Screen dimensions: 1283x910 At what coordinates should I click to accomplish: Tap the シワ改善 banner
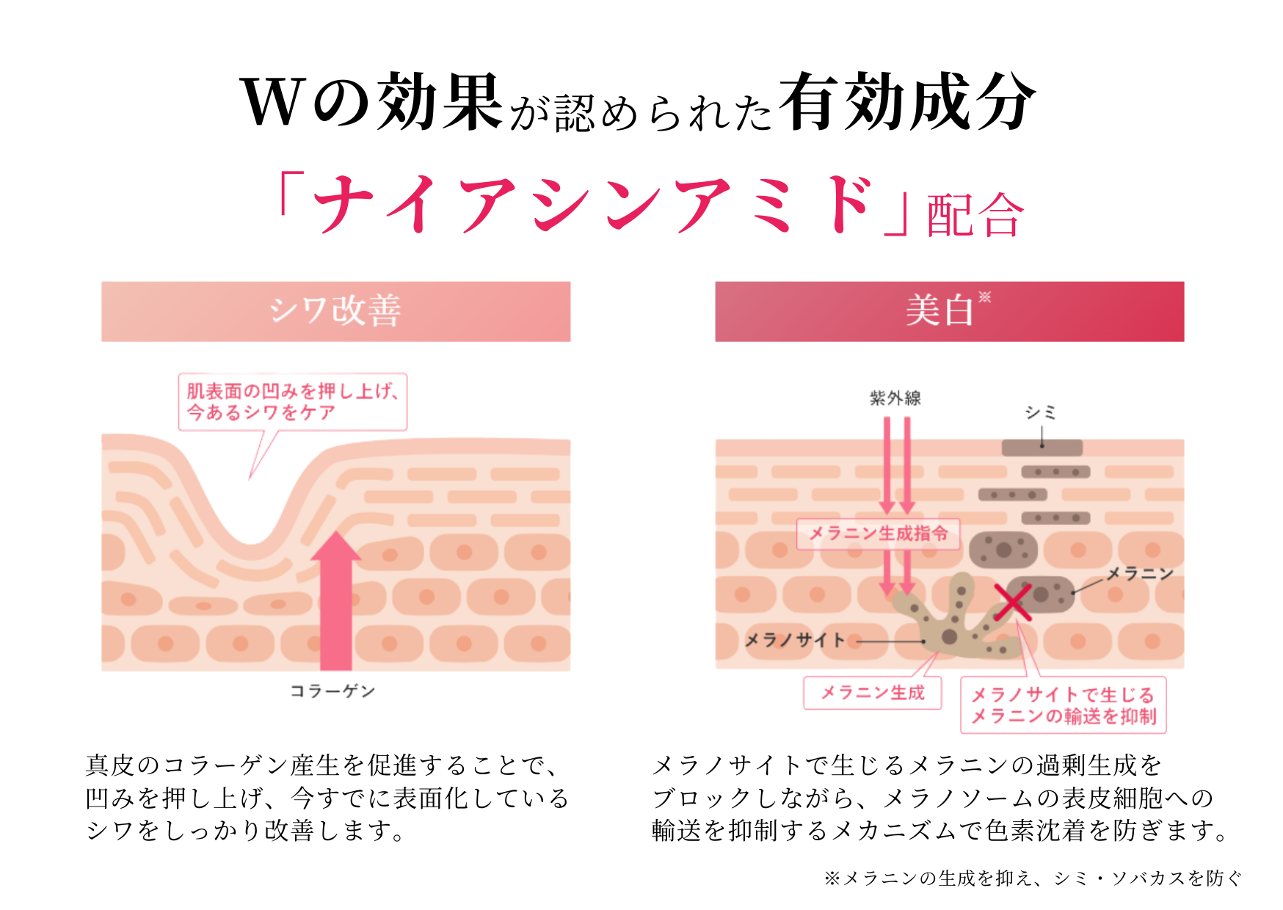335,311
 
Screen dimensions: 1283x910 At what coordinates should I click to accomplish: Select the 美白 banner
949,311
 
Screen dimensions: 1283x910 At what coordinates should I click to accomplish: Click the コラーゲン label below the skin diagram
332,691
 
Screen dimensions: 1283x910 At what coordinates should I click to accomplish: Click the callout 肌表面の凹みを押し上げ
292,401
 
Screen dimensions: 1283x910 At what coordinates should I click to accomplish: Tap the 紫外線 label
895,398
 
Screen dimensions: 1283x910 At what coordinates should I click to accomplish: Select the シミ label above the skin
1041,412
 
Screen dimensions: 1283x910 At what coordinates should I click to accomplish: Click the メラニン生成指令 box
878,534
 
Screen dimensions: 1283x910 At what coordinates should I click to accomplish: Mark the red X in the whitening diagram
1013,602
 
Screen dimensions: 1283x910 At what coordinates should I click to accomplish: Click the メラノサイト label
796,640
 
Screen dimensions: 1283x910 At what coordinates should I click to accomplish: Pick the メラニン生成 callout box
873,693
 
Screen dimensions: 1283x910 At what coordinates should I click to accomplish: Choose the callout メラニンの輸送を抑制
1064,705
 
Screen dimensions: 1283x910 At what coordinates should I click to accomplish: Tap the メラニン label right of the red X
1140,574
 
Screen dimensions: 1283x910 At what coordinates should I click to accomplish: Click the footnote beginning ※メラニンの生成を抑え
1033,878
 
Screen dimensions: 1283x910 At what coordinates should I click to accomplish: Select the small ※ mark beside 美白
985,296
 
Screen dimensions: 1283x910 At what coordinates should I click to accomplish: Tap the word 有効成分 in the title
907,101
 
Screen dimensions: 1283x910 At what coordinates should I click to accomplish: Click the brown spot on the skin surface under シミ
1042,448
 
